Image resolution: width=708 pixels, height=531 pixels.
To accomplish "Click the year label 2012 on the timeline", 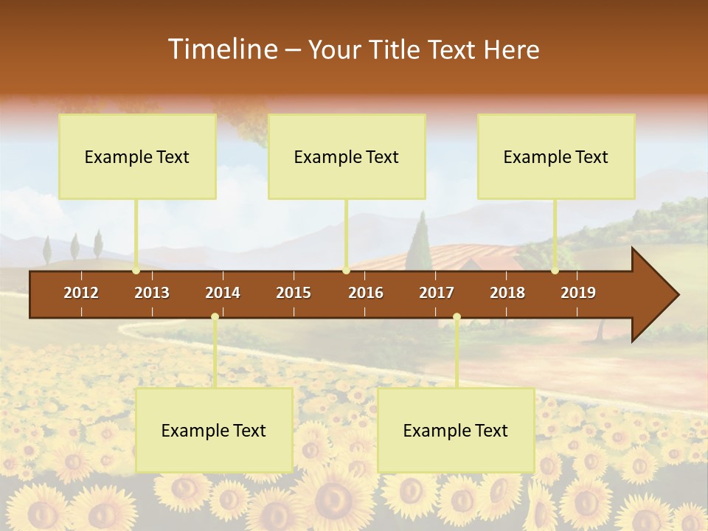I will pos(81,293).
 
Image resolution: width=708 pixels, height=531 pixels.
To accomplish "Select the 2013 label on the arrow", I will pos(152,293).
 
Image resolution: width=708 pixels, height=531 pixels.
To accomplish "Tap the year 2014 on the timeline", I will pos(223,293).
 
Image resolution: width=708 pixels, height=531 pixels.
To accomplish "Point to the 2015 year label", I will pos(294,293).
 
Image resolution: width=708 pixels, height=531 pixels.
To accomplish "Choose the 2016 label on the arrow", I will pos(366,293).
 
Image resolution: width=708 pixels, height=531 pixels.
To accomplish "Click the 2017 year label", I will pos(437,293).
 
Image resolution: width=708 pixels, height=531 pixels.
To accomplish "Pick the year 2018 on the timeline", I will pos(507,293).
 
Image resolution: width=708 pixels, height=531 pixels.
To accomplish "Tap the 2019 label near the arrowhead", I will pos(578,293).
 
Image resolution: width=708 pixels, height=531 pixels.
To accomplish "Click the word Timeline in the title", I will pos(222,49).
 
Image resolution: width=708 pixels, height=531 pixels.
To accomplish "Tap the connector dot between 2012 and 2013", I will pos(136,271).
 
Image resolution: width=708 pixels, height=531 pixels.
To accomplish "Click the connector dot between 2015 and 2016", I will pos(346,271).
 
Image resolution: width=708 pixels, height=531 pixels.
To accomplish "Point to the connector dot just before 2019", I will pos(555,271).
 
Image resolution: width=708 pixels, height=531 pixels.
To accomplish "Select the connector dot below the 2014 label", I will pos(215,317).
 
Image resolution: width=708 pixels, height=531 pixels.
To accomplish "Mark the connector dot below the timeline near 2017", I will pos(457,317).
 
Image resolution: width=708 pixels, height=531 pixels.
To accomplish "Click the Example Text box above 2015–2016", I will pos(347,156).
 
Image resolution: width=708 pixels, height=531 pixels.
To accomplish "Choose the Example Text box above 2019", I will pos(556,156).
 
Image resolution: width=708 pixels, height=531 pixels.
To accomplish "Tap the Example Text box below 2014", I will pos(214,430).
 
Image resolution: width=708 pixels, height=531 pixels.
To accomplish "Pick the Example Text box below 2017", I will pos(456,430).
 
